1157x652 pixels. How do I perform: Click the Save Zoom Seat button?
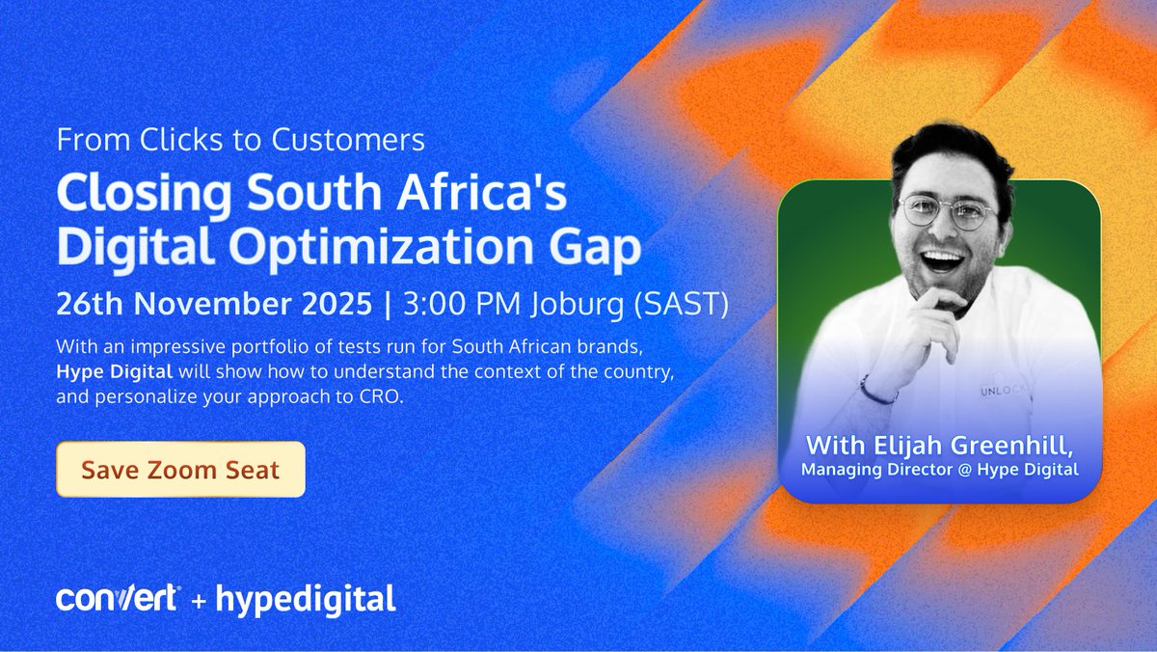coord(180,470)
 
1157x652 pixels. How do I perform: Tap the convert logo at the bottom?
coord(117,599)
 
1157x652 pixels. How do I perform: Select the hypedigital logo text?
coord(306,599)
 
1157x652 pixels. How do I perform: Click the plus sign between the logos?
coord(198,600)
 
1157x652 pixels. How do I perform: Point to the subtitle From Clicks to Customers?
coord(241,140)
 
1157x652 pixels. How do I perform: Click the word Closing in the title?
coord(125,195)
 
